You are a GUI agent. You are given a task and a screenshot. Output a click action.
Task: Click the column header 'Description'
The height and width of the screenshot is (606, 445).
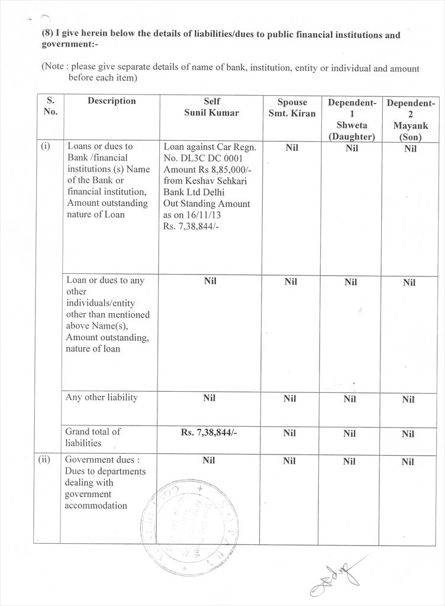pos(111,101)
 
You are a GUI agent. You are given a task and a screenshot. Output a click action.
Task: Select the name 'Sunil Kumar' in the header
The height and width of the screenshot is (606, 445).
pos(211,112)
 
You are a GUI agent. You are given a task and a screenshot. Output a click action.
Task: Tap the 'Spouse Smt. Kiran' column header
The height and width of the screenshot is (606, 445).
pos(292,107)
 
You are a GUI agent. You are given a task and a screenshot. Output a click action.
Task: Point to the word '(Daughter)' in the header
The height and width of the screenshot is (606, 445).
pos(352,137)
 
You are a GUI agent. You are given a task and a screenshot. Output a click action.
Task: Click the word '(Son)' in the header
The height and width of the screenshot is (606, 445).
pos(410,137)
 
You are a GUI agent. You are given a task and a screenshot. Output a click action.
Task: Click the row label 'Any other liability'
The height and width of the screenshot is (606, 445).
pos(102,397)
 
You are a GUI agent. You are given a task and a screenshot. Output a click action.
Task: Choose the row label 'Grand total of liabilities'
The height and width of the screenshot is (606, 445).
pos(93,437)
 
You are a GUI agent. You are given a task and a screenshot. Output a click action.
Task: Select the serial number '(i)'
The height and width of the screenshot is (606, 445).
pos(46,146)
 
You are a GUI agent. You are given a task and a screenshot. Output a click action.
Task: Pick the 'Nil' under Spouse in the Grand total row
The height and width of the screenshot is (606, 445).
pos(289,433)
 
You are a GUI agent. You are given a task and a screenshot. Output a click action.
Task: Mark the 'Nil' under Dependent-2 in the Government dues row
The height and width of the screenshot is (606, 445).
pos(408,462)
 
